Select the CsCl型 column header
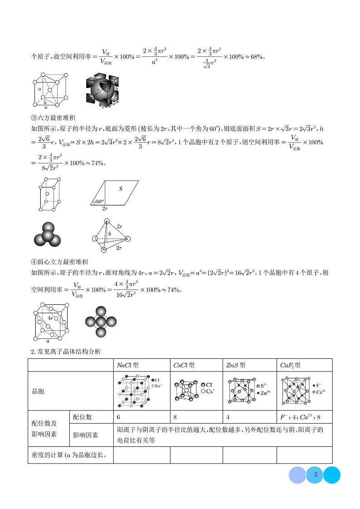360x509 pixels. pyautogui.click(x=184, y=365)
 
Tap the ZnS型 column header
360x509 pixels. pyautogui.click(x=236, y=365)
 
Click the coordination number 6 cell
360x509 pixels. pyautogui.click(x=119, y=417)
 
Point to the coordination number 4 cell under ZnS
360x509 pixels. pyautogui.click(x=228, y=417)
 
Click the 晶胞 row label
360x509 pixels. pyautogui.click(x=38, y=391)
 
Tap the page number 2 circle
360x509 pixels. pyautogui.click(x=315, y=475)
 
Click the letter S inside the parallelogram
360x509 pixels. pyautogui.click(x=121, y=188)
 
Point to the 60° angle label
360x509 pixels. pyautogui.click(x=100, y=201)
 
